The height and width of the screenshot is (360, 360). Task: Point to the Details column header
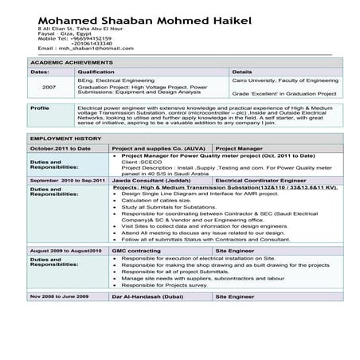242,72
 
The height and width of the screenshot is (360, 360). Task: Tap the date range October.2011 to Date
61,149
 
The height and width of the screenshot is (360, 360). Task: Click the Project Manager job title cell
239,149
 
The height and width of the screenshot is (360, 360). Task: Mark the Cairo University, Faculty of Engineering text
285,80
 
